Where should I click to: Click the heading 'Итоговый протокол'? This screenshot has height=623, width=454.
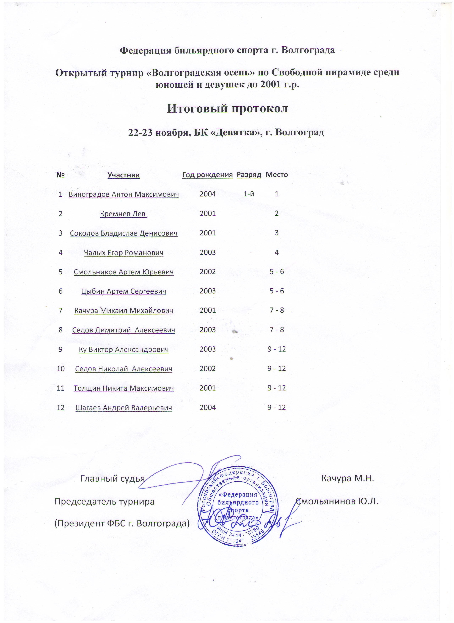point(227,108)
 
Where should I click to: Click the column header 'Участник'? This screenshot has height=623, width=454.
point(123,175)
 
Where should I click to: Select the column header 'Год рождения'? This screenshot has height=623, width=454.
point(208,175)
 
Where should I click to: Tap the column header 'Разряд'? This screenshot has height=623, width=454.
point(249,175)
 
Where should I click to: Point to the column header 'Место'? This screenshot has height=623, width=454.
point(277,175)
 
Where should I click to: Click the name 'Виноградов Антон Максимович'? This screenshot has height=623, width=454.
point(124,194)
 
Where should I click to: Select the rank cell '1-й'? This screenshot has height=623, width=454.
point(249,194)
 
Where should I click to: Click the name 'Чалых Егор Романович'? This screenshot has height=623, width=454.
point(123,253)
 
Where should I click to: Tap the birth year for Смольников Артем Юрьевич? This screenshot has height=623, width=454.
point(208,272)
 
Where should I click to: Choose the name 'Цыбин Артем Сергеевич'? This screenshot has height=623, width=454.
point(124,291)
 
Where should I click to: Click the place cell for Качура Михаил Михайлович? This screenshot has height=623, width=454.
point(277,310)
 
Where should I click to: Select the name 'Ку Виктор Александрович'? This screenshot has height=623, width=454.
point(124,349)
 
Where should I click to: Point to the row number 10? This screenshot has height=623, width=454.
point(60,369)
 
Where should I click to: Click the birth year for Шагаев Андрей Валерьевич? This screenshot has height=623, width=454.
point(208,408)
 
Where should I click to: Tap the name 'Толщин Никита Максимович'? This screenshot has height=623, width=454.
point(124,388)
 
